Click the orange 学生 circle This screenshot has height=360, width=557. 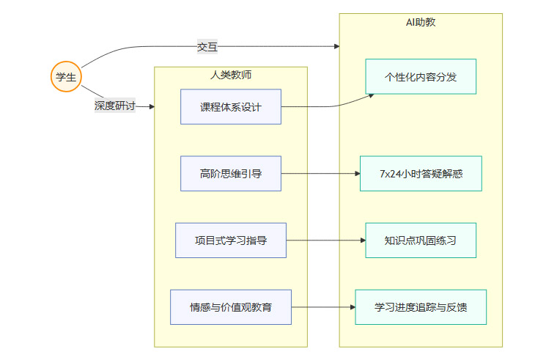66,77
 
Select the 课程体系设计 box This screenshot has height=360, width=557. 231,107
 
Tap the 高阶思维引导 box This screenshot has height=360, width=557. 231,174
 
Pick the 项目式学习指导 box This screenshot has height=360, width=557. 231,240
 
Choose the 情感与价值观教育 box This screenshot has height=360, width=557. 231,307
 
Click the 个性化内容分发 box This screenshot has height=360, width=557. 421,77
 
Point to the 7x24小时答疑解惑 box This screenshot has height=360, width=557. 421,174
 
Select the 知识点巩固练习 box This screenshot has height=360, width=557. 421,240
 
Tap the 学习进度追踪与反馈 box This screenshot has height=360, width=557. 421,307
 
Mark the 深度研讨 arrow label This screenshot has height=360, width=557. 114,106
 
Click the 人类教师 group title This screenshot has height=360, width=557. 231,75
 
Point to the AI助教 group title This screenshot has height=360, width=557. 421,23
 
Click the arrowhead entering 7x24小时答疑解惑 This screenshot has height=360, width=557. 356,174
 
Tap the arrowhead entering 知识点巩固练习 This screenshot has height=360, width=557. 362,240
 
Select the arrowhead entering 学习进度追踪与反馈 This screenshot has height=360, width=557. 352,307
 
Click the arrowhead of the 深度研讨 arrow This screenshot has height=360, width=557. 152,107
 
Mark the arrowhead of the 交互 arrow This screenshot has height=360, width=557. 336,46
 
